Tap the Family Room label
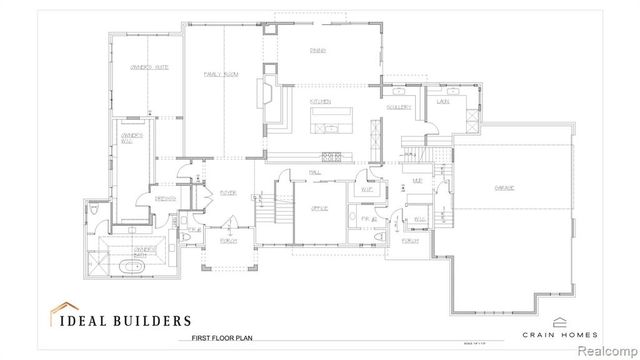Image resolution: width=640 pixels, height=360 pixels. click(219, 74)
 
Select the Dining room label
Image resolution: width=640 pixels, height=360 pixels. click(317, 49)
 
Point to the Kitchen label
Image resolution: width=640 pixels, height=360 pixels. click(320, 102)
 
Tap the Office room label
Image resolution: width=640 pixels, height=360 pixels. click(319, 207)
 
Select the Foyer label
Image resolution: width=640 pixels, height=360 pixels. click(227, 193)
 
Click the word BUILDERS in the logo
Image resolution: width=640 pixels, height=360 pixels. click(153, 321)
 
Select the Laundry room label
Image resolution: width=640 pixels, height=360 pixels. click(441, 101)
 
